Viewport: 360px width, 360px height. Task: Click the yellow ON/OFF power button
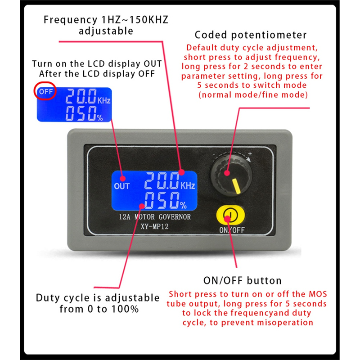pos(230,215)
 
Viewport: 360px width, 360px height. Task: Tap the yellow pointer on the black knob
pos(236,186)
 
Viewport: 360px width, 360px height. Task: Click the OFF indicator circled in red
pos(46,92)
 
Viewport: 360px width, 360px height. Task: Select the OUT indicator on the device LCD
pos(122,186)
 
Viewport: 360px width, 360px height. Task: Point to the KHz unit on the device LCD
pos(188,185)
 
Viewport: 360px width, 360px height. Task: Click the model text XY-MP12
pos(155,227)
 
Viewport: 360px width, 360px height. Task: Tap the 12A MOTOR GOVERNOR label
pos(155,217)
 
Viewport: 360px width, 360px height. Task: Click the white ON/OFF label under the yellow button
pos(232,230)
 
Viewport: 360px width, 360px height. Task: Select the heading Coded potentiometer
pos(251,35)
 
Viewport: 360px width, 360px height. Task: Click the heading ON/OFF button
pos(243,280)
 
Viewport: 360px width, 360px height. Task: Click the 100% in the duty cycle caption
pos(125,309)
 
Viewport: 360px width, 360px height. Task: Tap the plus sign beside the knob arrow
pos(250,153)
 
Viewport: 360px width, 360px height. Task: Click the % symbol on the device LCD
pos(183,205)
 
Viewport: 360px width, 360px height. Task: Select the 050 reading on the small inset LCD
pos(81,113)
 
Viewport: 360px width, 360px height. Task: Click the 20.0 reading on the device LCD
pos(162,181)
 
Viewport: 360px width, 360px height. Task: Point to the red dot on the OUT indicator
pos(123,178)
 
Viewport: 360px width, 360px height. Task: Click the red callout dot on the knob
pos(227,173)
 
